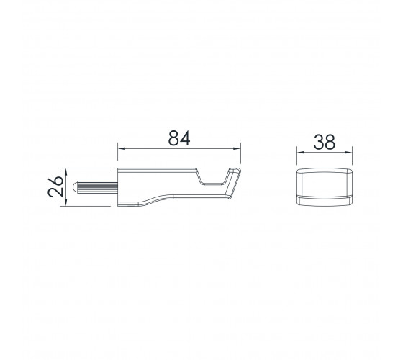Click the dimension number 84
tap(179, 138)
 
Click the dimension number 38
tap(325, 142)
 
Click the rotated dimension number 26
tap(55, 186)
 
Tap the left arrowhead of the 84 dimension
tap(122, 148)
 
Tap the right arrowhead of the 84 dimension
tap(237, 148)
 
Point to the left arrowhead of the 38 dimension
tap(301, 153)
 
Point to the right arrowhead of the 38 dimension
tap(348, 153)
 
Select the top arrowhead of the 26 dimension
tap(66, 172)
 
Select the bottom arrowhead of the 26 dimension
tap(66, 202)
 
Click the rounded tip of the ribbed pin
tap(74, 187)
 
